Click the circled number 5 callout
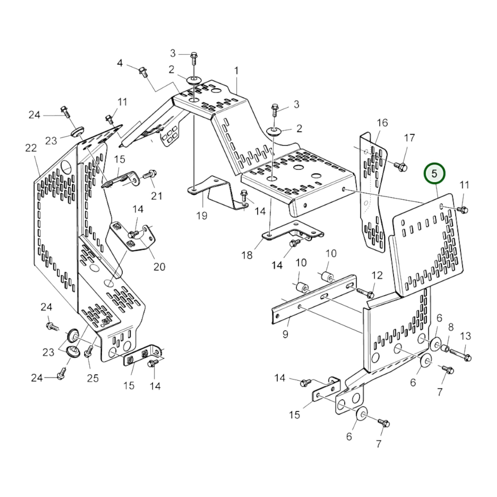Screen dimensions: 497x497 [x=434, y=174]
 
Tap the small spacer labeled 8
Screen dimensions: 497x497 [x=445, y=349]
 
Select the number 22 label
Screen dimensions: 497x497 [x=31, y=148]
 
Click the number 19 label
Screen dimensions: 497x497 [x=202, y=216]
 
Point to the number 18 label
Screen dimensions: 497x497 [x=247, y=255]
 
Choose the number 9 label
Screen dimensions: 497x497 [x=285, y=334]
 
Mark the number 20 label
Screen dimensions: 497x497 [x=159, y=267]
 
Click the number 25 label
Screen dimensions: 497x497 [x=93, y=378]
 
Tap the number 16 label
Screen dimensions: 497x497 [x=382, y=123]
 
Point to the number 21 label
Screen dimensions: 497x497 [x=156, y=196]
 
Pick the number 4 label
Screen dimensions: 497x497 [x=120, y=63]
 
